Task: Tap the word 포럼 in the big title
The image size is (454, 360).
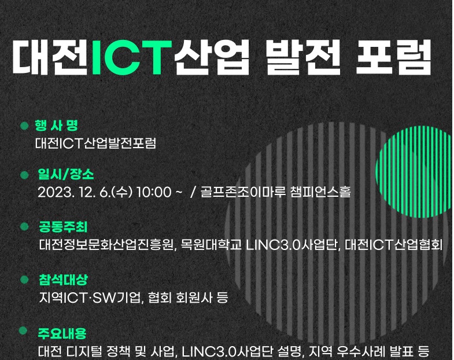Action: (x=393, y=57)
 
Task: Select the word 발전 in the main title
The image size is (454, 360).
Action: (x=303, y=57)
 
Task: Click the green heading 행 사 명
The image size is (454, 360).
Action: (x=57, y=126)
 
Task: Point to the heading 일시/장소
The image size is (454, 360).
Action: (x=66, y=174)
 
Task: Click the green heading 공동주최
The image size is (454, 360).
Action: (x=63, y=227)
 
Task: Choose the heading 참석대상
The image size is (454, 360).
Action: (x=63, y=280)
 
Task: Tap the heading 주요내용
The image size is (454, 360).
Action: (x=62, y=333)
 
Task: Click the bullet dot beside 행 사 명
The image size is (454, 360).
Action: (x=24, y=126)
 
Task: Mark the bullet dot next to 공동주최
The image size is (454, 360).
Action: (x=24, y=226)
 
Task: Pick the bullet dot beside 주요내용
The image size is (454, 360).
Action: (x=23, y=330)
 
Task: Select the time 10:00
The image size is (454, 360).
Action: (x=154, y=192)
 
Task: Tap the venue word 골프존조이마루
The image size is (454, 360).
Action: (x=243, y=192)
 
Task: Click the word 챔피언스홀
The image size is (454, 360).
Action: (x=320, y=192)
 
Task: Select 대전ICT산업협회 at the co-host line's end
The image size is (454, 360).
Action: (x=394, y=245)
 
